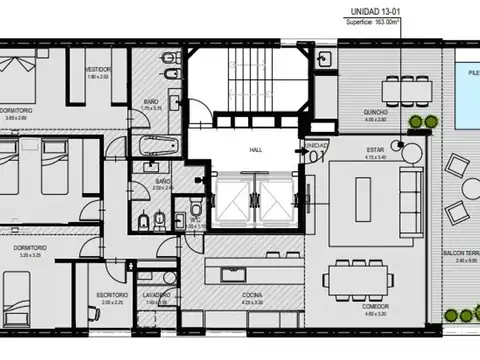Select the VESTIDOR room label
[97, 69]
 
